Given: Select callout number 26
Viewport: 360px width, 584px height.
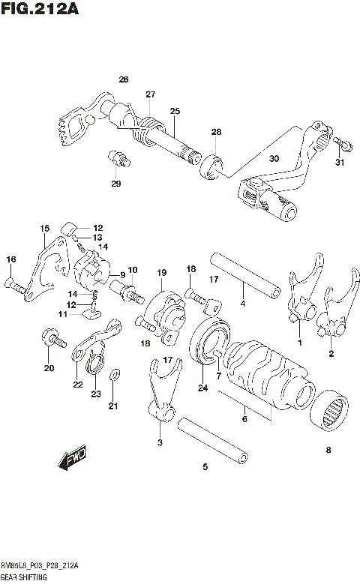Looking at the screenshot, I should pos(124,79).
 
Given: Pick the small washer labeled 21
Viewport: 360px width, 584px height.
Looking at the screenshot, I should pos(113,375).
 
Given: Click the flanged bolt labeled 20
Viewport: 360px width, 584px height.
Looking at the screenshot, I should pos(51,338).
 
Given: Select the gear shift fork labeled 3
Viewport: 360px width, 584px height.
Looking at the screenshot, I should pos(160,391).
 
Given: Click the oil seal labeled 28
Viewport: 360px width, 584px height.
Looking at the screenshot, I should pos(213,163).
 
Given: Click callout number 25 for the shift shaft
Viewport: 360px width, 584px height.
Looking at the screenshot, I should pos(175,111).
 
